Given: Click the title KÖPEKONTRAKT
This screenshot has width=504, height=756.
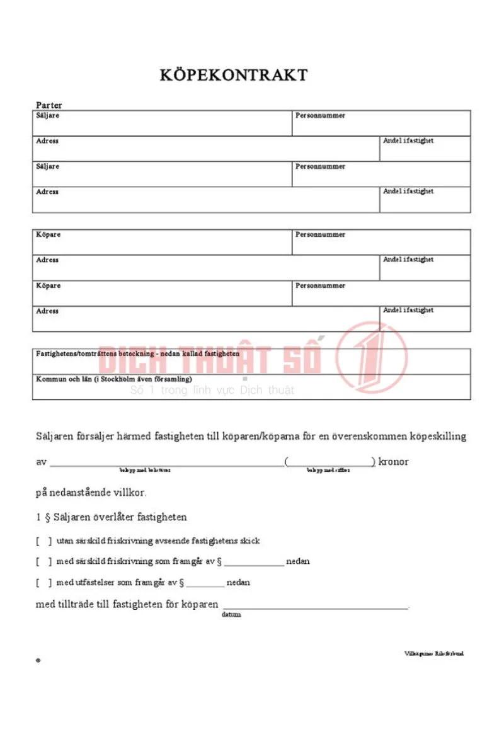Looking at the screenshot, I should (x=234, y=76).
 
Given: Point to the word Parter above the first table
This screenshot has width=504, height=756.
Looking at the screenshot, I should (x=49, y=105).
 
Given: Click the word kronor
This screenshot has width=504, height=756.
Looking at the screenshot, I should (x=394, y=462).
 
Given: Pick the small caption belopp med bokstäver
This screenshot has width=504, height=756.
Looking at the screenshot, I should (x=145, y=470).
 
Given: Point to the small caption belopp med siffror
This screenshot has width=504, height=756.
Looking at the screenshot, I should (x=328, y=470).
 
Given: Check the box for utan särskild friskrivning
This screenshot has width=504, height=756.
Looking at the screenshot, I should (x=43, y=541).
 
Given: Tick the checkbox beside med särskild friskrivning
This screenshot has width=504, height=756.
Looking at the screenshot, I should (x=43, y=561).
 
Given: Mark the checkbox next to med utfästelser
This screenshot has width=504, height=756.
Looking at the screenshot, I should (x=43, y=582).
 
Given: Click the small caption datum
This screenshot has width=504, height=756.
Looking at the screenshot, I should (x=231, y=614).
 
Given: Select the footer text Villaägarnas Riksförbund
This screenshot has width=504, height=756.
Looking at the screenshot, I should (x=433, y=653).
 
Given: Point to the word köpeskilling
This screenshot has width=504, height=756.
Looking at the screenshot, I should (x=438, y=437).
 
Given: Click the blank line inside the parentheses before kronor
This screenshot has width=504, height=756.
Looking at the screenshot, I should (x=329, y=464).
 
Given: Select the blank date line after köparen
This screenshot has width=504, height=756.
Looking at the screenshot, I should (x=315, y=607).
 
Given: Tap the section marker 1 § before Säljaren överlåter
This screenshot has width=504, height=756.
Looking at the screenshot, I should (x=43, y=517).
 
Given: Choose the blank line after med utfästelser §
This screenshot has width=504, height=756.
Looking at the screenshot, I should (x=205, y=585).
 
